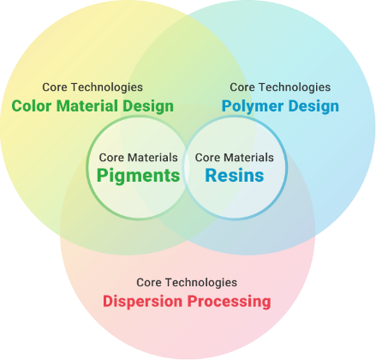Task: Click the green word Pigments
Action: click(x=139, y=176)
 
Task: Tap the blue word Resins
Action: click(x=235, y=175)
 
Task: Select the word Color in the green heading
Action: click(x=32, y=106)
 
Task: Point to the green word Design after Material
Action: click(x=148, y=106)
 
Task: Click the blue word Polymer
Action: click(x=253, y=106)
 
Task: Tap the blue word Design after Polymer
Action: click(x=313, y=106)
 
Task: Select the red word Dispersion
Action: click(x=142, y=302)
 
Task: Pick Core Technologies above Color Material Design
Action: click(x=93, y=87)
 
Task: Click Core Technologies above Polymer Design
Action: click(x=280, y=87)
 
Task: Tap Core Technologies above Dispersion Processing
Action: click(x=187, y=283)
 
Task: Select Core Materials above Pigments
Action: click(x=139, y=158)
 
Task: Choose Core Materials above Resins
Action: click(x=235, y=158)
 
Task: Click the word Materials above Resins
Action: click(x=248, y=158)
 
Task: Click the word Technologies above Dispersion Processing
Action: click(x=201, y=283)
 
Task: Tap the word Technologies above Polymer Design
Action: click(x=295, y=87)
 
